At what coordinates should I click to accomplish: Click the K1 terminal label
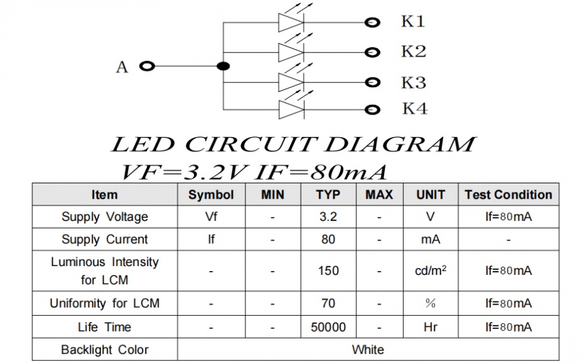[413, 22]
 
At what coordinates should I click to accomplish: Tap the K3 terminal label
[413, 83]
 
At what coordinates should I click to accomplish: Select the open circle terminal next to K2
[372, 52]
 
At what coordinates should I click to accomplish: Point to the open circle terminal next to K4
[372, 110]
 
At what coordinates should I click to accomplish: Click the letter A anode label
[122, 67]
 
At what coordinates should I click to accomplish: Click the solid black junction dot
[223, 66]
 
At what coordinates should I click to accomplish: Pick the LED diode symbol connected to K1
[291, 22]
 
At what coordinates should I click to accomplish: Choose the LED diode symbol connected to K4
[291, 109]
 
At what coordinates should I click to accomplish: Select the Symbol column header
[211, 195]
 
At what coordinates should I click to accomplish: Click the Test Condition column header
[508, 195]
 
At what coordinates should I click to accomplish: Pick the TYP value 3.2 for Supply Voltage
[328, 217]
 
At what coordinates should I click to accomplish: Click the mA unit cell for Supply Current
[430, 240]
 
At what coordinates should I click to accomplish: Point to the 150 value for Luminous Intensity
[328, 270]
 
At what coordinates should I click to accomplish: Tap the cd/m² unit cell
[430, 270]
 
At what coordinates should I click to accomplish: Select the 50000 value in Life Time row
[328, 327]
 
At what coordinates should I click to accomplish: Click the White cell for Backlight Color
[368, 349]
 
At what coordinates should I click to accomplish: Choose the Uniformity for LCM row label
[105, 304]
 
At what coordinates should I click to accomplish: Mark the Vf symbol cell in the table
[211, 217]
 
